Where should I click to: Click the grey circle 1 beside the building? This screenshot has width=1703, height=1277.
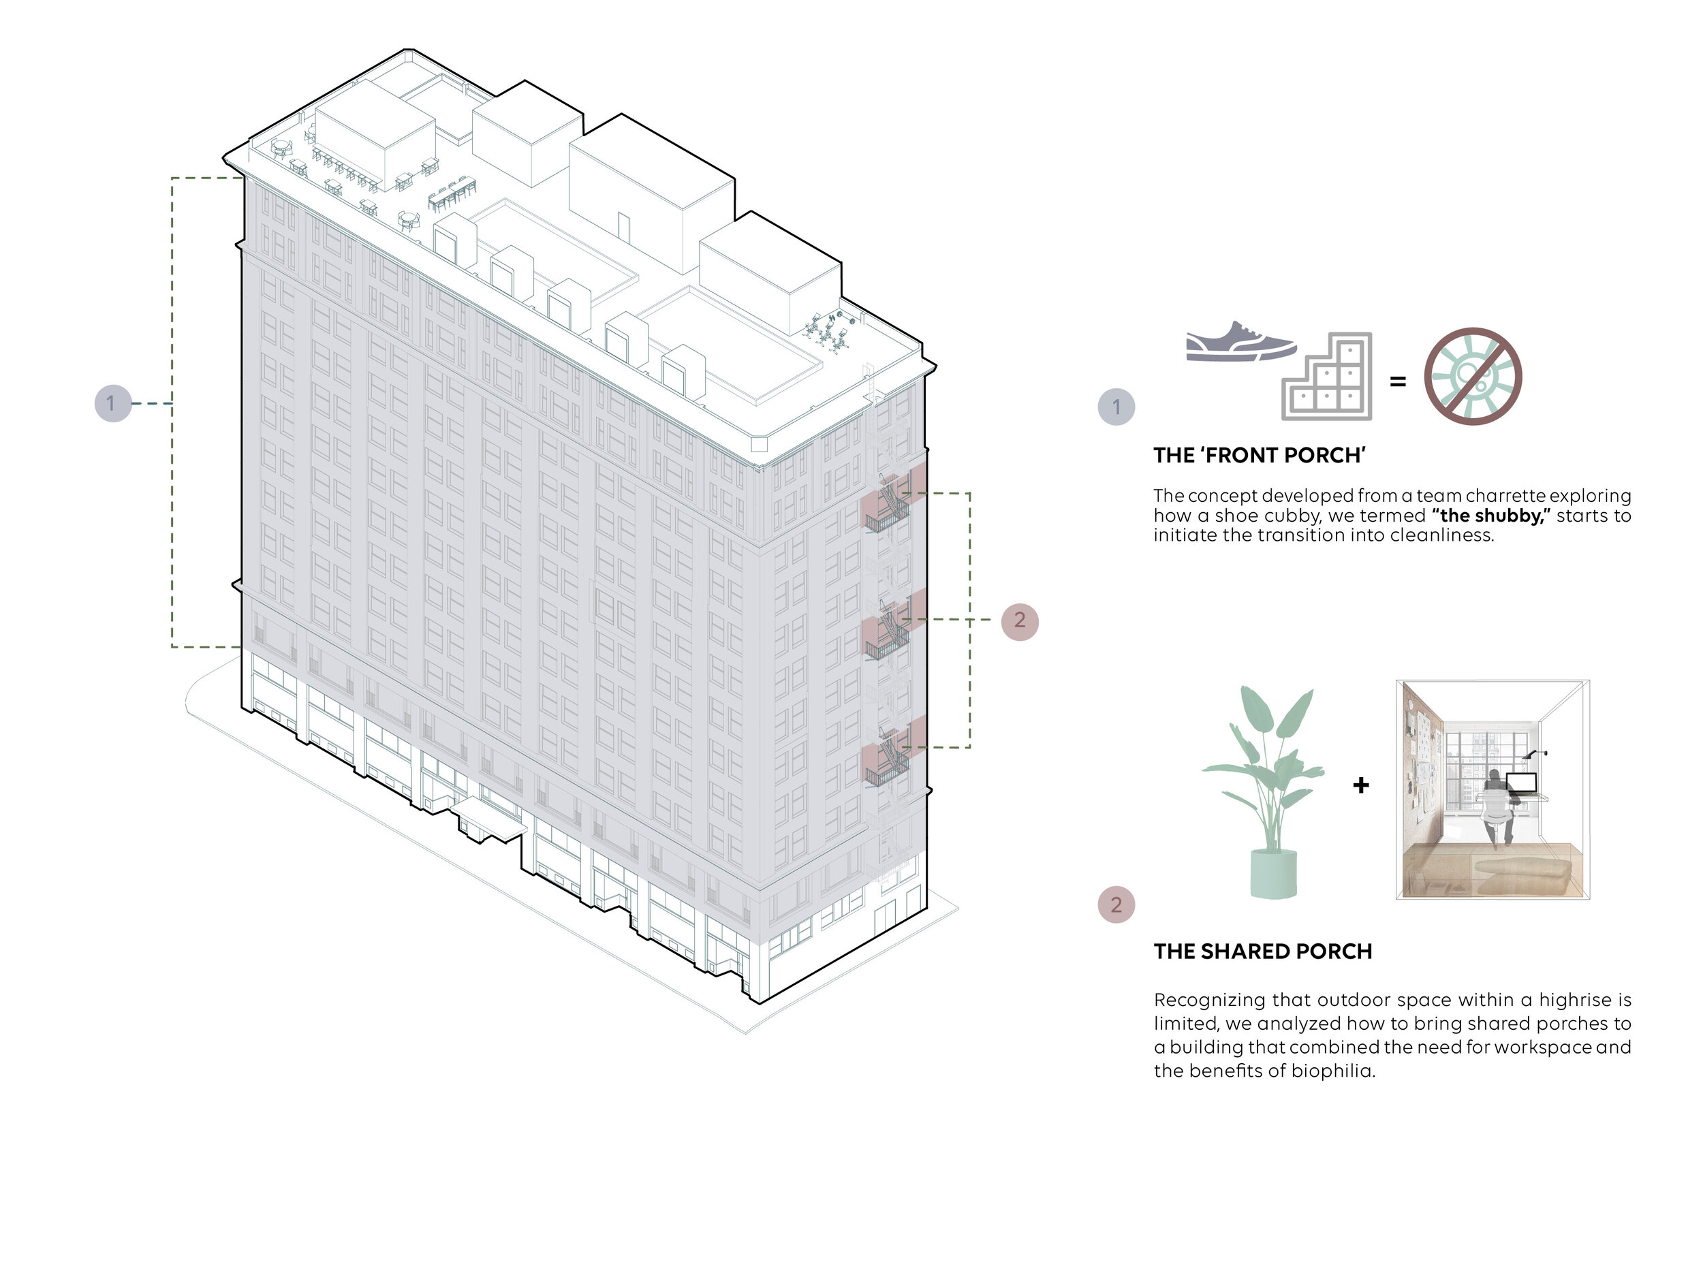coord(112,403)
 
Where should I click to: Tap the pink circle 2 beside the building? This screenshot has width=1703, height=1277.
coord(1019,620)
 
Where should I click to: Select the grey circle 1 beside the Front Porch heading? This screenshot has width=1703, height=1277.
coord(1116,407)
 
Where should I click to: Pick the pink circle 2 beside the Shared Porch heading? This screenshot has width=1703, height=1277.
coord(1116,904)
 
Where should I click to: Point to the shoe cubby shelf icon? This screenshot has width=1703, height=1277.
coord(1327,377)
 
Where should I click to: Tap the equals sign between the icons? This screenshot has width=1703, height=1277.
coord(1397,380)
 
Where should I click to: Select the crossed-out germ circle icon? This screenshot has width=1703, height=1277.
coord(1472,377)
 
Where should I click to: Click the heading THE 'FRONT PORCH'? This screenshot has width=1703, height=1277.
coord(1260,456)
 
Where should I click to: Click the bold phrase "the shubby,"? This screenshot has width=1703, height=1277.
coord(1490,516)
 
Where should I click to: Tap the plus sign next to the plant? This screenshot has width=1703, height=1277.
coord(1360,785)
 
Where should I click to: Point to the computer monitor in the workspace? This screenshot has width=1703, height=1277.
coord(1521,784)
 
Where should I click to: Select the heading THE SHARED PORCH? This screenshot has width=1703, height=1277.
coord(1263,952)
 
